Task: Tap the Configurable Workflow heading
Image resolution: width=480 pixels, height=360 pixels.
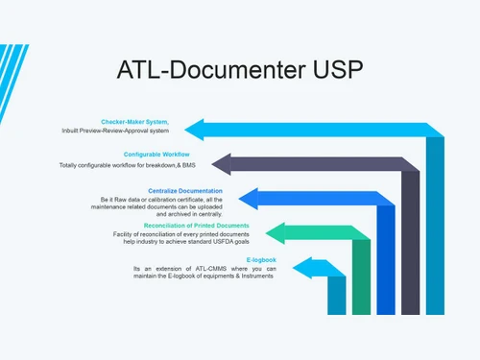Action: tap(156, 154)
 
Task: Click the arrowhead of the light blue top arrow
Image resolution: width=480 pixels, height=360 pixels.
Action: tap(197, 129)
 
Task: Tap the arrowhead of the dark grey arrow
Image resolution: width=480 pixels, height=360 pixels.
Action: tap(223, 163)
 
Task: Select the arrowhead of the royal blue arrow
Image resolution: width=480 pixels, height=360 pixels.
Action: tap(249, 199)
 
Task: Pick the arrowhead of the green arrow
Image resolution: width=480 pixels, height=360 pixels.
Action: tap(276, 232)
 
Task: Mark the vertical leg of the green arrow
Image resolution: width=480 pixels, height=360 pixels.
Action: tap(361, 278)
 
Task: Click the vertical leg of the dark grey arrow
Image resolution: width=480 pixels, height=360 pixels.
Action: tap(411, 245)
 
